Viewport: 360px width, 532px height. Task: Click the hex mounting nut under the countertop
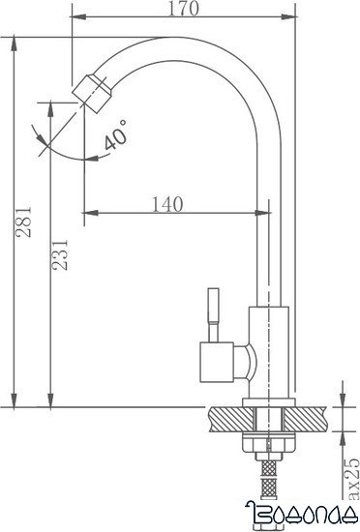[268, 447]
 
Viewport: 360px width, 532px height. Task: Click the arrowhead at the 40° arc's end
[86, 152]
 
